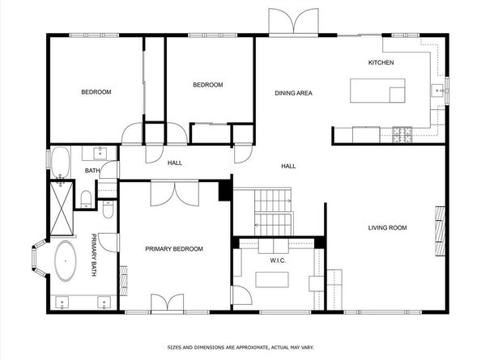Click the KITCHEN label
point(381,63)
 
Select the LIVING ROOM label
point(387,228)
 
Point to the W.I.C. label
point(279,260)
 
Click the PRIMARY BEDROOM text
point(174,249)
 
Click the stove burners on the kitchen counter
point(402,135)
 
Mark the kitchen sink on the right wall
point(438,91)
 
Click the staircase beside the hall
point(272,212)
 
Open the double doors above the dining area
point(294,22)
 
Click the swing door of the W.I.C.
point(240,294)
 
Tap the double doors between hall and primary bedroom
point(174,193)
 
